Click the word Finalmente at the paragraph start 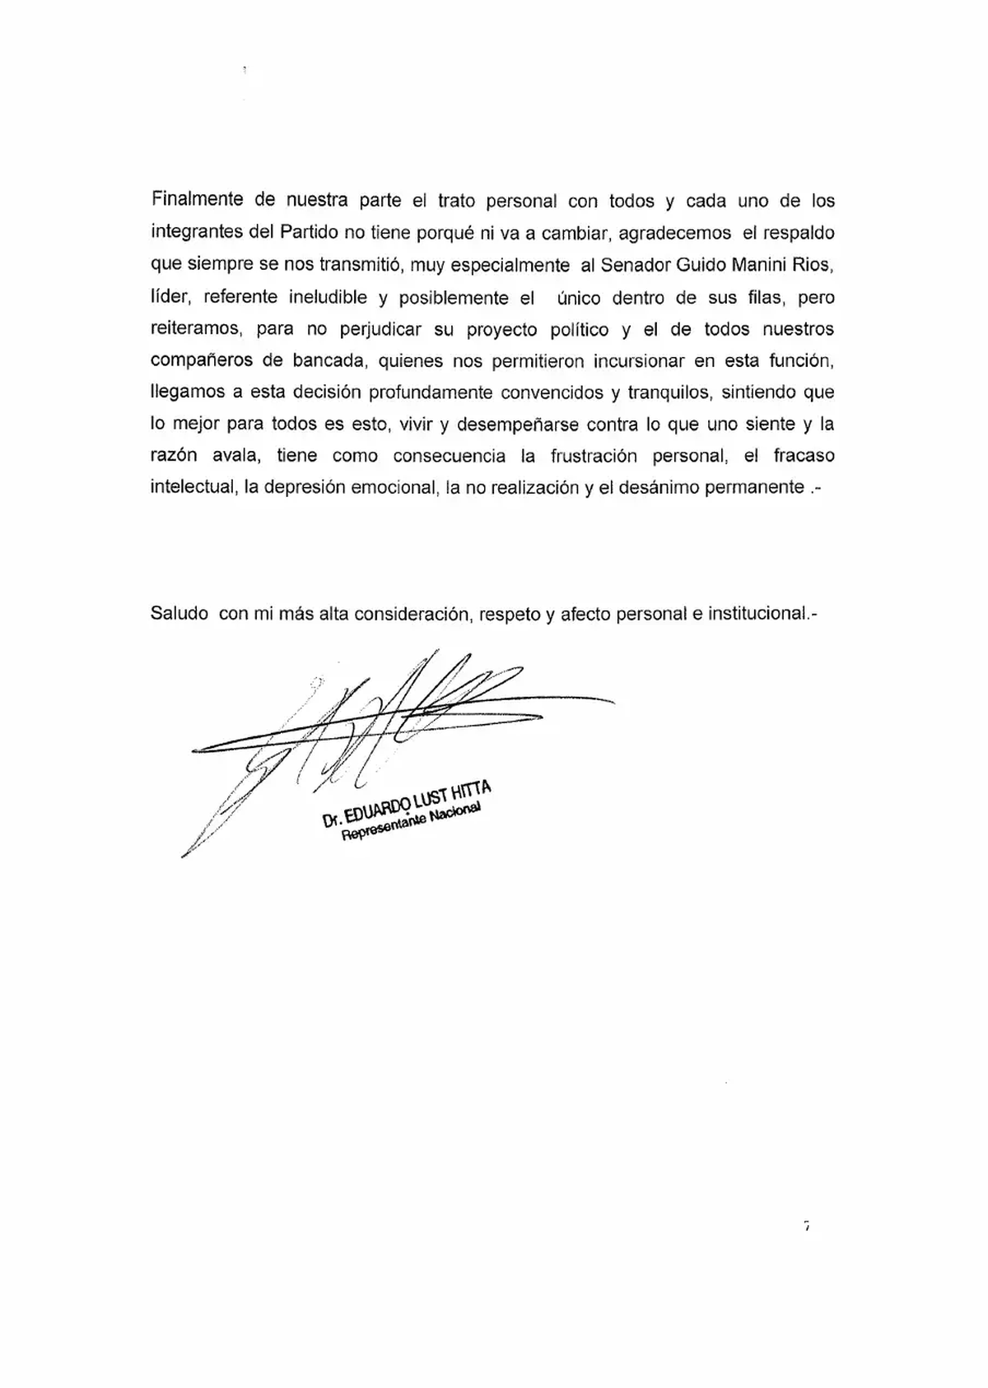[197, 201]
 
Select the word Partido [310, 233]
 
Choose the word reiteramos [195, 329]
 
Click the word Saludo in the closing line [179, 614]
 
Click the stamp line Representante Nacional [410, 825]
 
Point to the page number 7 [807, 1227]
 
